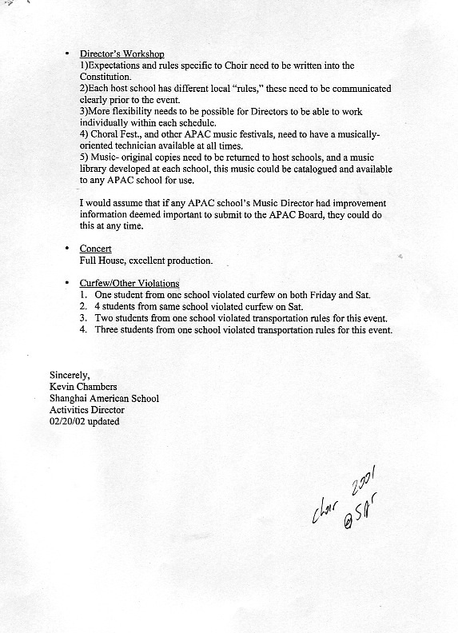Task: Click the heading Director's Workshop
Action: [x=121, y=54]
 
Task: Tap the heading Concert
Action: [x=95, y=249]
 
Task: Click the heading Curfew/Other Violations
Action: [x=129, y=284]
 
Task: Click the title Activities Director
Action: [x=87, y=410]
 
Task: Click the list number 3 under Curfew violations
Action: [x=83, y=318]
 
